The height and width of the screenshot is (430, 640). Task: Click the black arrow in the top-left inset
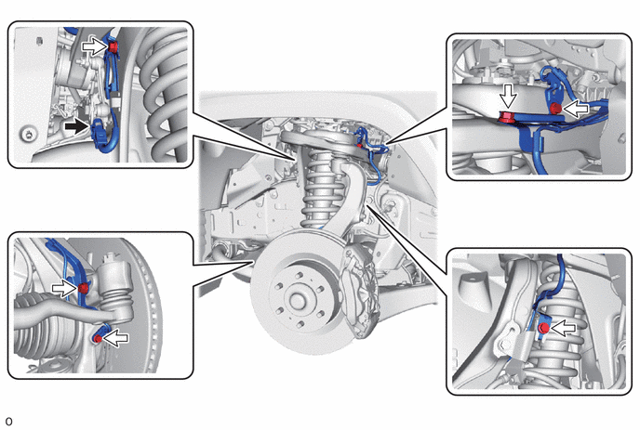[x=76, y=126]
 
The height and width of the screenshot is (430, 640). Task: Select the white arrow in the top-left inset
[x=95, y=46]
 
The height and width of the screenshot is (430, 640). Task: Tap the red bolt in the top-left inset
[x=113, y=46]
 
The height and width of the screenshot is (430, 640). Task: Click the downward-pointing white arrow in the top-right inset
[x=509, y=97]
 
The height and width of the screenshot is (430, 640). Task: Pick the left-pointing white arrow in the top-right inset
[x=576, y=109]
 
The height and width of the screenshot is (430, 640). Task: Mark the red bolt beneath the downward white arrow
[x=507, y=117]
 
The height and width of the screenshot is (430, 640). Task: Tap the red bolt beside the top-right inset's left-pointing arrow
[x=555, y=109]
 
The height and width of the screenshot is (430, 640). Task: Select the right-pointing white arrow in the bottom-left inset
[x=64, y=289]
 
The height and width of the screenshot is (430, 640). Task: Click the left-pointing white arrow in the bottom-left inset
[x=115, y=338]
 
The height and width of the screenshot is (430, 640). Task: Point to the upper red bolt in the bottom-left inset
[x=84, y=289]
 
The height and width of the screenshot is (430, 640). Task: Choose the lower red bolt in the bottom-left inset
[x=98, y=338]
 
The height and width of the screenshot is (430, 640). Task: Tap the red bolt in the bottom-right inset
[x=543, y=328]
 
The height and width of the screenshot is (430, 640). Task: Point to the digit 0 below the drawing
[x=8, y=422]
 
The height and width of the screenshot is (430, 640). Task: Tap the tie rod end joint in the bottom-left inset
[x=114, y=290]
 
